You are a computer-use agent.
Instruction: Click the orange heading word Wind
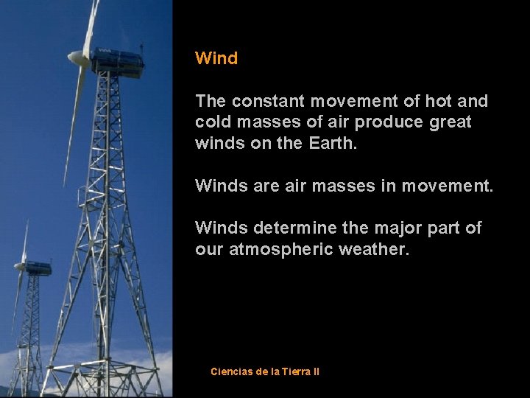click(x=216, y=58)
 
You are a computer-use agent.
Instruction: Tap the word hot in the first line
click(x=440, y=100)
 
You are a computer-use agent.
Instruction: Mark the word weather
click(x=373, y=249)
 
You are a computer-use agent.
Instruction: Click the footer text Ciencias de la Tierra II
click(x=265, y=371)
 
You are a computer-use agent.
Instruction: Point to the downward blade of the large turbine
click(x=74, y=125)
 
